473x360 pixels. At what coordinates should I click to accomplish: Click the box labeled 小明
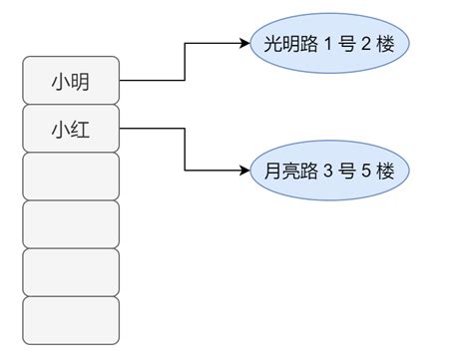(x=70, y=81)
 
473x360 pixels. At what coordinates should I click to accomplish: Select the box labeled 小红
(x=70, y=128)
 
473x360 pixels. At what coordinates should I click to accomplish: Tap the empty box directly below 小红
(x=70, y=176)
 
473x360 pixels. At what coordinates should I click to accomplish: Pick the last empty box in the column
(x=70, y=319)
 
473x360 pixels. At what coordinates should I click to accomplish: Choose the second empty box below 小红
(x=70, y=223)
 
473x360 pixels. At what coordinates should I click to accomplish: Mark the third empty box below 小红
(x=70, y=271)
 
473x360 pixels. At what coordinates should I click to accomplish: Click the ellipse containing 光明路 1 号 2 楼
(x=329, y=44)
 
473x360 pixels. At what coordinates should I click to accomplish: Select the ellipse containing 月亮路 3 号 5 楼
(x=329, y=172)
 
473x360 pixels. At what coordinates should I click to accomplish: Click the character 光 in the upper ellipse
(x=272, y=45)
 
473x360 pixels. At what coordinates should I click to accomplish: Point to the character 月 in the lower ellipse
(x=272, y=173)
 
